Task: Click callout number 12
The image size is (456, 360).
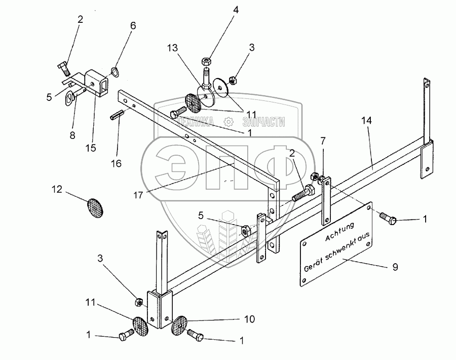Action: coord(56,189)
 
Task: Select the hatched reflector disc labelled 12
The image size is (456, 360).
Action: coord(94,206)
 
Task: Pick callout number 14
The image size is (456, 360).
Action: coord(366,120)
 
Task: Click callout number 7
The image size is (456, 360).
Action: coord(323,140)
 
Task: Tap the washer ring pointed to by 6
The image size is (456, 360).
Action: coord(116,72)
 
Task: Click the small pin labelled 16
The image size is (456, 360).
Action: coord(117,115)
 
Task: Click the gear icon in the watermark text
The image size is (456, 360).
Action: coord(229,121)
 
